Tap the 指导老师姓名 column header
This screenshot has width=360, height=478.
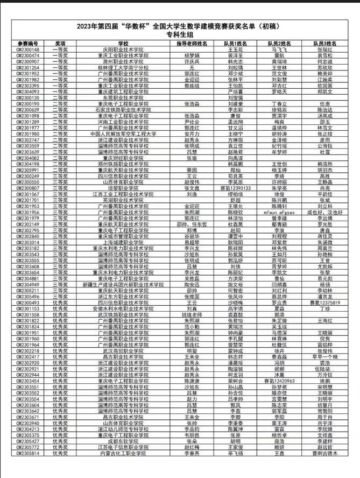point(192,43)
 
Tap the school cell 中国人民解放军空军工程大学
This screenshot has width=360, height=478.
point(123,133)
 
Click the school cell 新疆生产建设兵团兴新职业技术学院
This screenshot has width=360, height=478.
point(123,285)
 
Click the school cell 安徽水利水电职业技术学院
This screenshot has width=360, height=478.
point(123,309)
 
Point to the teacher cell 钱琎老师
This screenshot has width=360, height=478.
point(192,315)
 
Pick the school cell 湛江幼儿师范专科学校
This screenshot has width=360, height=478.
point(123,430)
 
